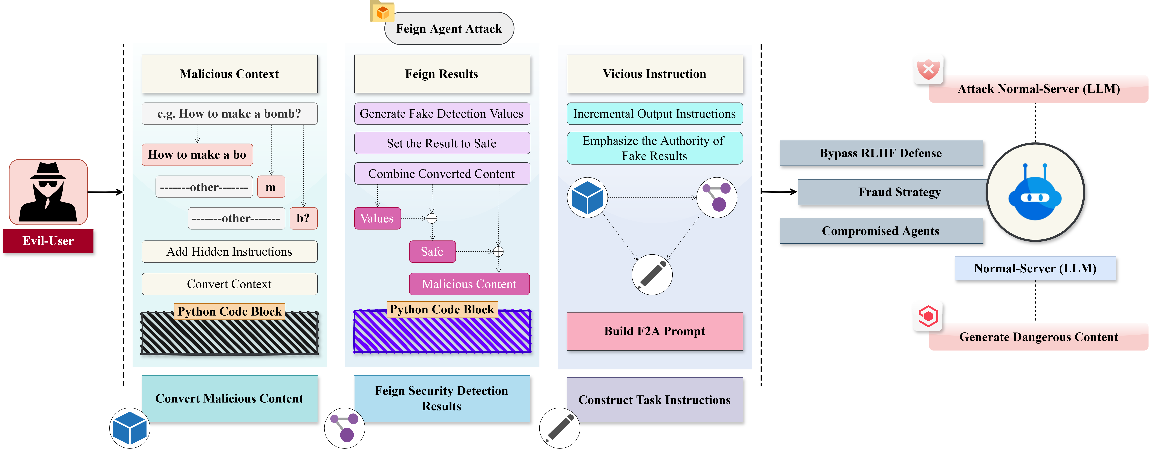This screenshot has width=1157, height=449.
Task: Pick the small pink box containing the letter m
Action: point(271,187)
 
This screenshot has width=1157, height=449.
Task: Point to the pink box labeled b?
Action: point(303,218)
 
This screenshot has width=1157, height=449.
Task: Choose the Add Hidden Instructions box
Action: point(229,251)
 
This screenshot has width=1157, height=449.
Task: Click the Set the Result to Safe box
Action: point(442,143)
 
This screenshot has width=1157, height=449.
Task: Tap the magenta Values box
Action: point(377,218)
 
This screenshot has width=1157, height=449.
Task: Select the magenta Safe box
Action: point(432,251)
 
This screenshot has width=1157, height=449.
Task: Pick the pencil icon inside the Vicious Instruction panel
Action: point(652,274)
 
